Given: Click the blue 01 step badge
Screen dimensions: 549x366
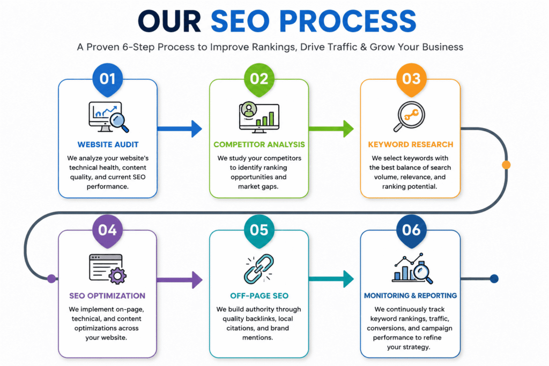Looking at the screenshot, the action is (x=107, y=79).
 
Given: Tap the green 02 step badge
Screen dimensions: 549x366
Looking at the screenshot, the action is (x=259, y=79).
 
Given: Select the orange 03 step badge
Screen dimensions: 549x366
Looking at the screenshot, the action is (x=411, y=79).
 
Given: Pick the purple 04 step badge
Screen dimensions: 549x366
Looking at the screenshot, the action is (x=107, y=230).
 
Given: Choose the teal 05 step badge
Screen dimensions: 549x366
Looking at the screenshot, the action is (x=259, y=230).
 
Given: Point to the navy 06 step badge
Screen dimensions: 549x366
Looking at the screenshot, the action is (x=411, y=230).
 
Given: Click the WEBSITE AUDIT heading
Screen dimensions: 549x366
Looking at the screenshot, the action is (x=108, y=145).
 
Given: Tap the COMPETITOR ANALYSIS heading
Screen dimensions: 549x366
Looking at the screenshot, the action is (x=259, y=145).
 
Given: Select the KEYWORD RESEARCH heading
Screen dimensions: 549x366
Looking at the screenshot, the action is (x=410, y=145).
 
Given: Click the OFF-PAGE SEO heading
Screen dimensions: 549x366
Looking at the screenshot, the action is (x=259, y=296).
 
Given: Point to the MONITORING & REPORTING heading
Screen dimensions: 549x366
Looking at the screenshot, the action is (x=410, y=296).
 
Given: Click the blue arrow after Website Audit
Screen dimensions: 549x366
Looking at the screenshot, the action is (x=180, y=129).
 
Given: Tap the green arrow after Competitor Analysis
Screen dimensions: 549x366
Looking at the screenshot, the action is (x=331, y=129).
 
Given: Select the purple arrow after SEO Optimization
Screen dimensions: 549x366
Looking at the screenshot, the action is (x=180, y=280).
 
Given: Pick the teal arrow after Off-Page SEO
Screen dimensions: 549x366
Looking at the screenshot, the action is (x=331, y=279).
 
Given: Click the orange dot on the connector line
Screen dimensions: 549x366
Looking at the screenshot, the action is (x=506, y=165).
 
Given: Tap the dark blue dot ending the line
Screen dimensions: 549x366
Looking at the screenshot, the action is (x=494, y=279).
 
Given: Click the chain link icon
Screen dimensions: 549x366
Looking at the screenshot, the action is (x=259, y=268).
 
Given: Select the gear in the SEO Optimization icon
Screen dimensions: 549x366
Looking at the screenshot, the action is (x=117, y=276).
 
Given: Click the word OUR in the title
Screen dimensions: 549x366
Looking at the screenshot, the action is (x=169, y=21).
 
